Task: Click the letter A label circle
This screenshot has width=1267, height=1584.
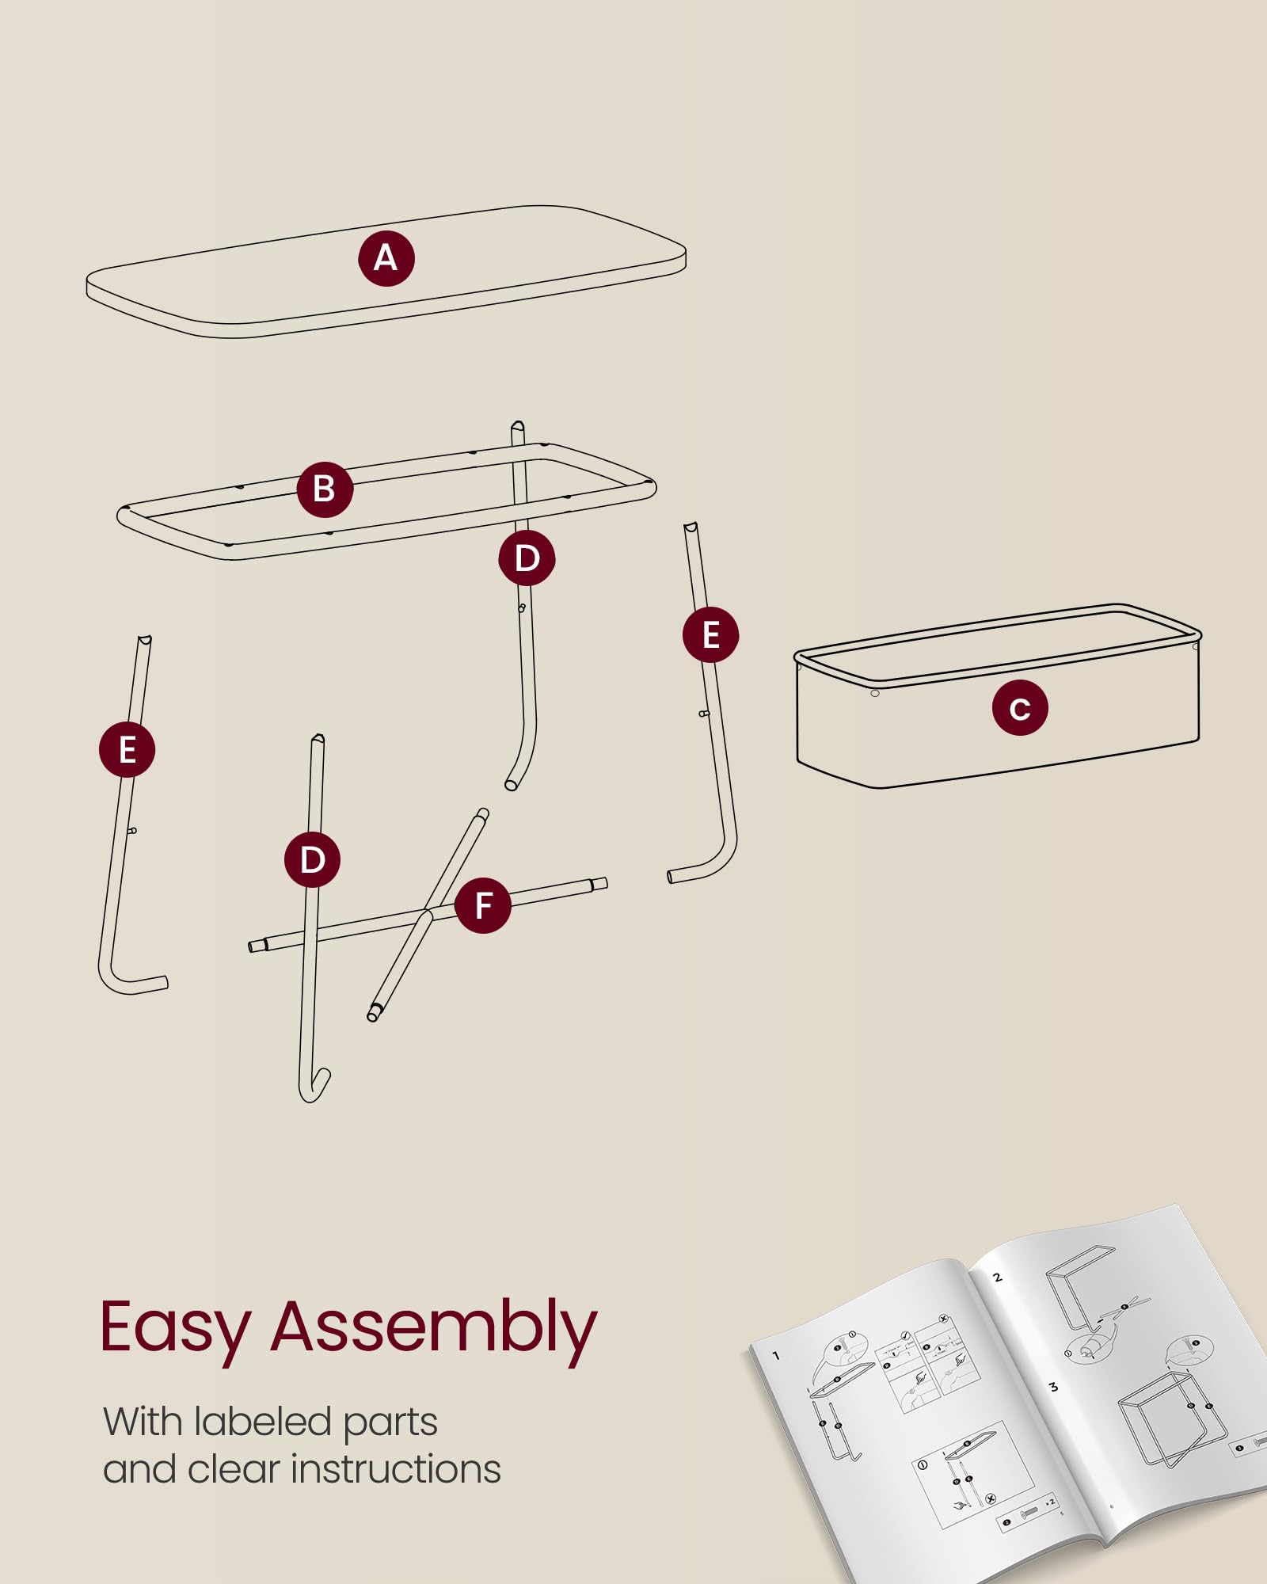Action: (386, 258)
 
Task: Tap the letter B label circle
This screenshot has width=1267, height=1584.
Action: (325, 489)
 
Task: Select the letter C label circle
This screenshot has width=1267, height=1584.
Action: (1020, 708)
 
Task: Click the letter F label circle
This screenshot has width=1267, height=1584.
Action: (483, 905)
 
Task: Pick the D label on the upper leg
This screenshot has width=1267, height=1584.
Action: (527, 558)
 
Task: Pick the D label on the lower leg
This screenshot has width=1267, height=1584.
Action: (313, 859)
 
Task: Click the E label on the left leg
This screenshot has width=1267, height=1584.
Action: (127, 749)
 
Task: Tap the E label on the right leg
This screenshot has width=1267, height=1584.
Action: (711, 635)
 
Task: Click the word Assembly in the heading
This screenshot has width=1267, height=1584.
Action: (434, 1329)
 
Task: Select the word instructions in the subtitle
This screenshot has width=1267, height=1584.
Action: (396, 1470)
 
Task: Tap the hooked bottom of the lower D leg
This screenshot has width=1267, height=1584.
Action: (314, 1088)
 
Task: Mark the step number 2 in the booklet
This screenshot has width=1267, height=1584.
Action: (998, 1277)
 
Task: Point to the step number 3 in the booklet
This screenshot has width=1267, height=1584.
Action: (1053, 1387)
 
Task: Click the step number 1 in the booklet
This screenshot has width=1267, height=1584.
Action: (776, 1356)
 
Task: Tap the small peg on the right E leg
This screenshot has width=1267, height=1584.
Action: (703, 714)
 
